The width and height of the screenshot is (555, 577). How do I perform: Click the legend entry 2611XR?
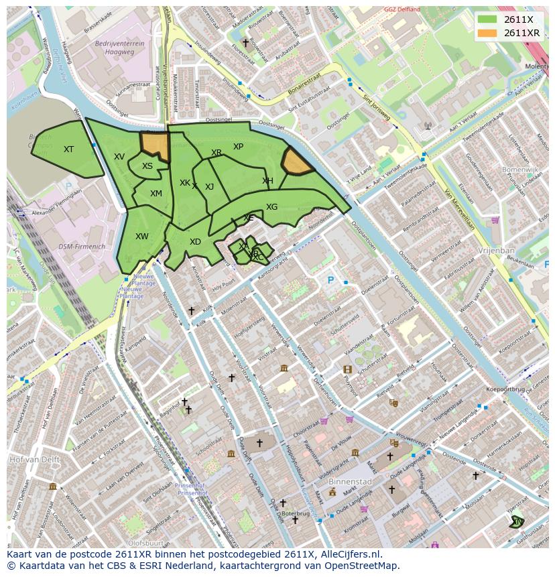[x=521, y=33]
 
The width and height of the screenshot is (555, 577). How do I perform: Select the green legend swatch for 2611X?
[x=487, y=19]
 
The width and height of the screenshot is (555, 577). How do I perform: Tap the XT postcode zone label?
[x=68, y=149]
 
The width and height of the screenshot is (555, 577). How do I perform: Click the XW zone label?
[x=141, y=237]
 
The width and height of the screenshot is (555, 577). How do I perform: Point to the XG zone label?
[x=271, y=207]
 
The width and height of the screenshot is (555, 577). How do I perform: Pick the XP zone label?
[x=238, y=147]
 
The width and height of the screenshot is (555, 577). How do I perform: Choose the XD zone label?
[x=195, y=242]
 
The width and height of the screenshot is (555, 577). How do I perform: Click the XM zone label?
[x=156, y=194]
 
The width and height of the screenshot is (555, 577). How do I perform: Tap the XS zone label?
[x=147, y=166]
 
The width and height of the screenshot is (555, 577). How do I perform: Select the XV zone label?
[x=119, y=157]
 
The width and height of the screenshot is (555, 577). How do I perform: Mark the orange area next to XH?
[x=295, y=162]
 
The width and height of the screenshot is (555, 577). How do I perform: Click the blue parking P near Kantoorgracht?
[x=330, y=281]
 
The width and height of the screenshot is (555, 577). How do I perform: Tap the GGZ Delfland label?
[x=402, y=9]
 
